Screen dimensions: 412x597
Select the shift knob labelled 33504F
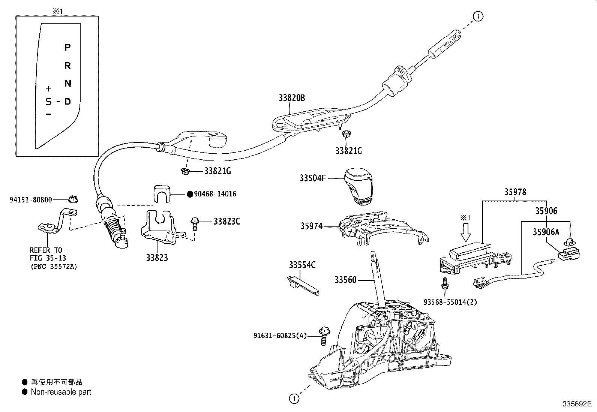[x=358, y=186]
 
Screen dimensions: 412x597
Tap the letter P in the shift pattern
[x=67, y=47]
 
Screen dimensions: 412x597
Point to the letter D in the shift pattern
[x=67, y=102]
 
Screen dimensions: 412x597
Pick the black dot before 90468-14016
[x=190, y=194]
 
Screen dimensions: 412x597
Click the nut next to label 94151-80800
[x=73, y=199]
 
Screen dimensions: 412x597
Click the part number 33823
[x=157, y=258]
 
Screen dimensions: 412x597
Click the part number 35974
[x=311, y=226]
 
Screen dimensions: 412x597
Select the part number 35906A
[x=546, y=232]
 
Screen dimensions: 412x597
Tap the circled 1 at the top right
[x=478, y=16]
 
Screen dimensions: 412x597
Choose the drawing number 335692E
[x=576, y=404]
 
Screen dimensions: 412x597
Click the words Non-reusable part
[x=61, y=392]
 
